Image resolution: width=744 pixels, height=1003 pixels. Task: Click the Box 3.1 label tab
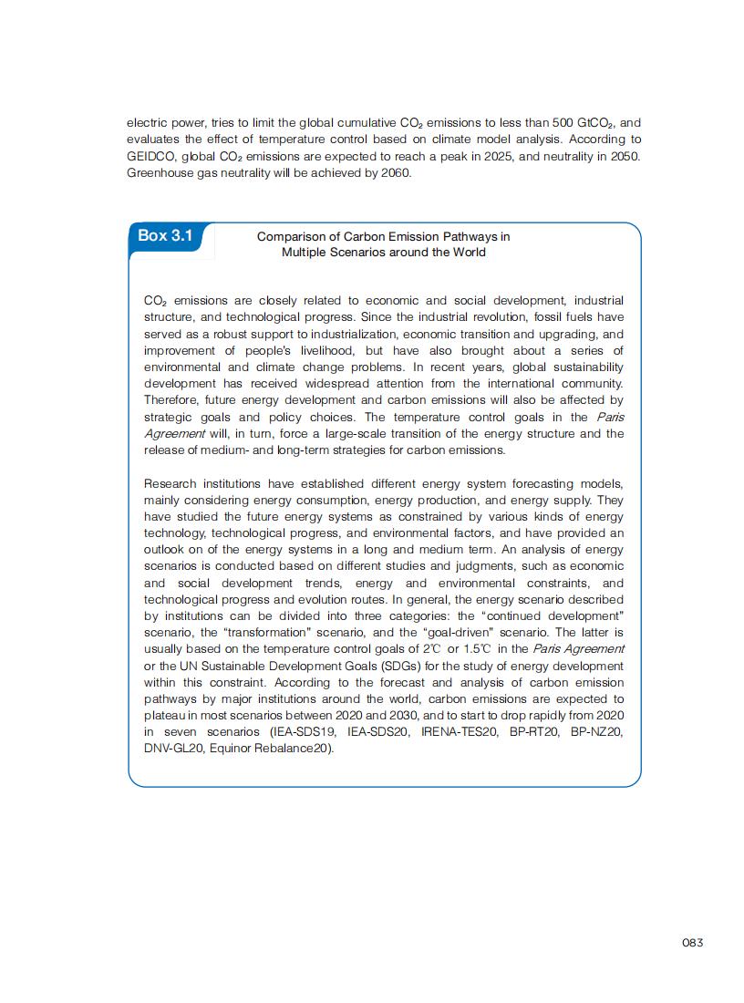(x=166, y=235)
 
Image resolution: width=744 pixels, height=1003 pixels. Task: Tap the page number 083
(x=692, y=943)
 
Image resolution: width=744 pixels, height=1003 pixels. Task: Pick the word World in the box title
(x=466, y=252)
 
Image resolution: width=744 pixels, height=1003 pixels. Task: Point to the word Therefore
(x=175, y=400)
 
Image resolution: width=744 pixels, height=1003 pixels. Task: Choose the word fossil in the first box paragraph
(x=541, y=317)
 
